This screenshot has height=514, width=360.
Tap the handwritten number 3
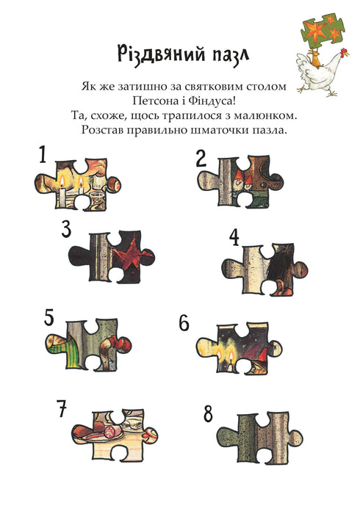[x=66, y=229]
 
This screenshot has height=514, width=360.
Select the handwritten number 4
[x=234, y=236]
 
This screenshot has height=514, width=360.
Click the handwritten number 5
[x=49, y=317]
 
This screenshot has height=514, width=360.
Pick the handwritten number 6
[x=184, y=323]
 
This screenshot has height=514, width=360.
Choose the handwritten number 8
[x=208, y=413]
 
